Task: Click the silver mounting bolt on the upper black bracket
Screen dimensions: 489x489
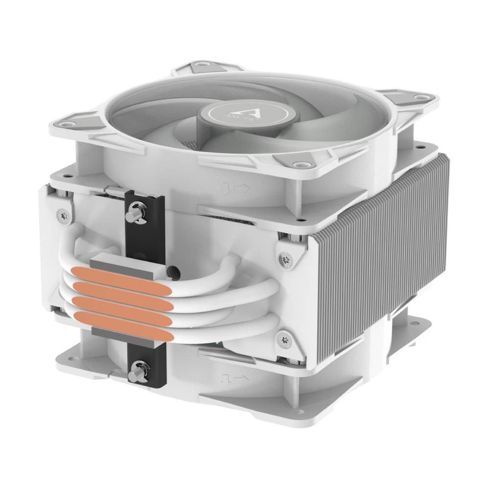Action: [135, 214]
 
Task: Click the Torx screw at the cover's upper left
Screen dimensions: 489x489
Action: [63, 214]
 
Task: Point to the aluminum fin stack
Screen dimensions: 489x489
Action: [386, 254]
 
